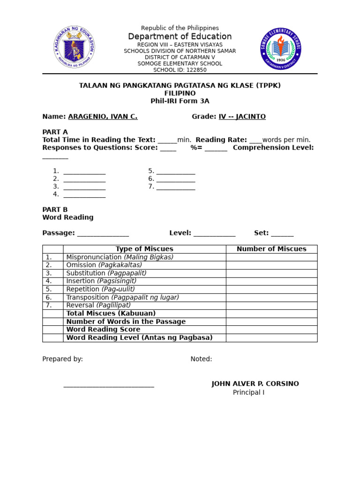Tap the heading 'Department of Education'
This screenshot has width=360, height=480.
coord(180,37)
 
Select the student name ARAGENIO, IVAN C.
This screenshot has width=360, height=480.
coord(103,117)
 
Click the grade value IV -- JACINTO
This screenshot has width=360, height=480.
coord(242,117)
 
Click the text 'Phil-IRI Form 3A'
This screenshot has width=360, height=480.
coord(180,101)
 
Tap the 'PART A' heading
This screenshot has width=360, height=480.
coord(55,132)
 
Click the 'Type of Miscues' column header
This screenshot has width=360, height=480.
coord(144,249)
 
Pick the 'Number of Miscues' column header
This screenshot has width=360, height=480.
coord(271,249)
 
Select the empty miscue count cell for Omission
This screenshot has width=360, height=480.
coord(271,265)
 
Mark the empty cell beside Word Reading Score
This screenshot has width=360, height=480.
coord(271,330)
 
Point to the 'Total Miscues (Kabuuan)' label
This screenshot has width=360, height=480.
coord(111,313)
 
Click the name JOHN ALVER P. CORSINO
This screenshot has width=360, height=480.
coord(255,384)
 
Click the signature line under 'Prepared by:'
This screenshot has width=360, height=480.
coord(109,386)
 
